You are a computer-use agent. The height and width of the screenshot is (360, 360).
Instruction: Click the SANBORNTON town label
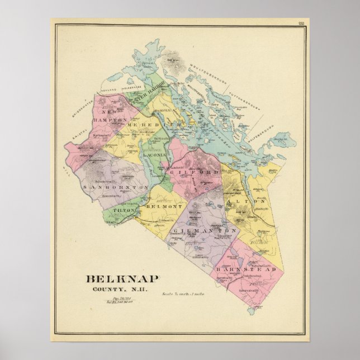[x=115, y=187]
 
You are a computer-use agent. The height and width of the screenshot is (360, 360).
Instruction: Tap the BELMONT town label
[x=157, y=207]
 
